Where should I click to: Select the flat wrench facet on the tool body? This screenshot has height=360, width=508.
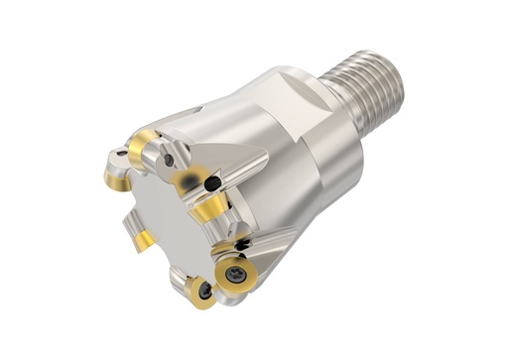(298, 99)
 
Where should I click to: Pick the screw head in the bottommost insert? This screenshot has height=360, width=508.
(204, 291)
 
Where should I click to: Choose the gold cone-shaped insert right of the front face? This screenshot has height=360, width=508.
(210, 211)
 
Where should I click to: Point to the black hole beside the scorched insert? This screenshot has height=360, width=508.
(211, 182)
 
